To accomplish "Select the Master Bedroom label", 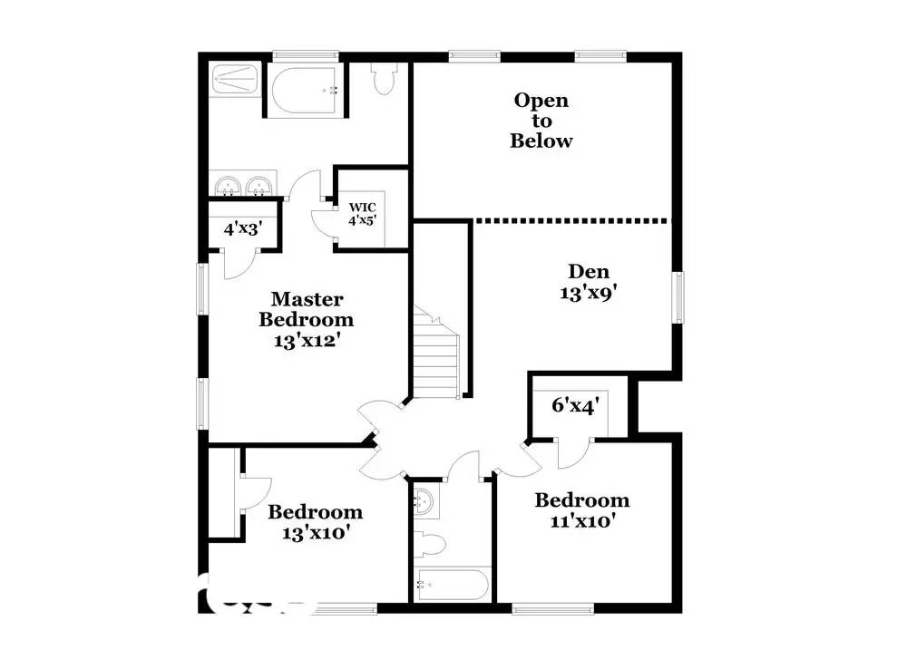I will click(306, 319).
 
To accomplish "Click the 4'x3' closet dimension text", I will click(242, 228).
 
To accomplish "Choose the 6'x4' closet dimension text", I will click(575, 404).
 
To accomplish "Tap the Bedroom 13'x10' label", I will click(315, 522).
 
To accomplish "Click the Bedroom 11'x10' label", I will click(581, 510).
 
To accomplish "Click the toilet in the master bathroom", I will click(384, 80).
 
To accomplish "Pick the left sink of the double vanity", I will click(227, 185).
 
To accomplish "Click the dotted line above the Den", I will click(571, 220).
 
